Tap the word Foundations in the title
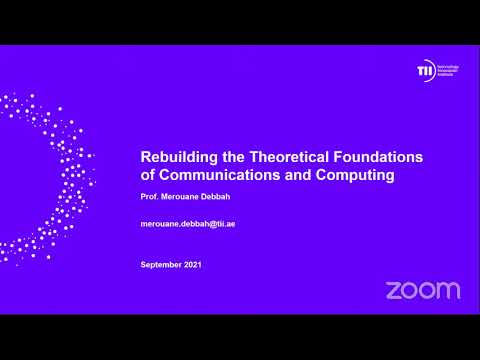(376, 158)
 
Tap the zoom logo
(423, 290)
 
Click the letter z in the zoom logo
(394, 290)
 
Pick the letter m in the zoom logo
(449, 290)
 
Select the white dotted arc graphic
(40, 175)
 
